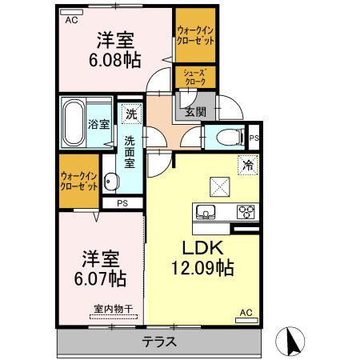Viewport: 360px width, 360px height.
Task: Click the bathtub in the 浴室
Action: coord(73,122)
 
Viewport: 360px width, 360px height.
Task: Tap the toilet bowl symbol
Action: coord(230,138)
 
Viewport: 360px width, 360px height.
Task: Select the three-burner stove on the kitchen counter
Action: coord(246,212)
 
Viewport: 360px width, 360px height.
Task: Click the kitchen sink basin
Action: coord(206,212)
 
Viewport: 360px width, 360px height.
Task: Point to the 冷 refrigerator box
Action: coord(248,165)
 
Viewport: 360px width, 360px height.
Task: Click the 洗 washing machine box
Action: coord(131,114)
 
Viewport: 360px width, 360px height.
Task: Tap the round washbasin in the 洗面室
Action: coord(110,182)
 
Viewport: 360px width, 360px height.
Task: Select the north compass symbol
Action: coord(290,342)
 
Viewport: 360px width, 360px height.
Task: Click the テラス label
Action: coord(159,342)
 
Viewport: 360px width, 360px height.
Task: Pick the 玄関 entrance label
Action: coord(196,112)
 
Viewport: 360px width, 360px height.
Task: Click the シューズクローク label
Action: coord(195,77)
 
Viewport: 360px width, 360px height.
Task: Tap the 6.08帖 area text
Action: coord(114,60)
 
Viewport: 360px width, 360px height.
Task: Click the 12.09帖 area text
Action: coord(202,268)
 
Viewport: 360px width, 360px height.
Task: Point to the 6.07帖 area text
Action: coord(100,278)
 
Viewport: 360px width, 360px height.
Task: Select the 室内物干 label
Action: coord(114,309)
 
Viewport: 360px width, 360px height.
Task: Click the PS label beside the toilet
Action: coord(254,138)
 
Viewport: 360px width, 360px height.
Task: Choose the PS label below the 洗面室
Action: coord(122,203)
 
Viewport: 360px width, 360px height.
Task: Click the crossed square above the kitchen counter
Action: coord(220,186)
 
